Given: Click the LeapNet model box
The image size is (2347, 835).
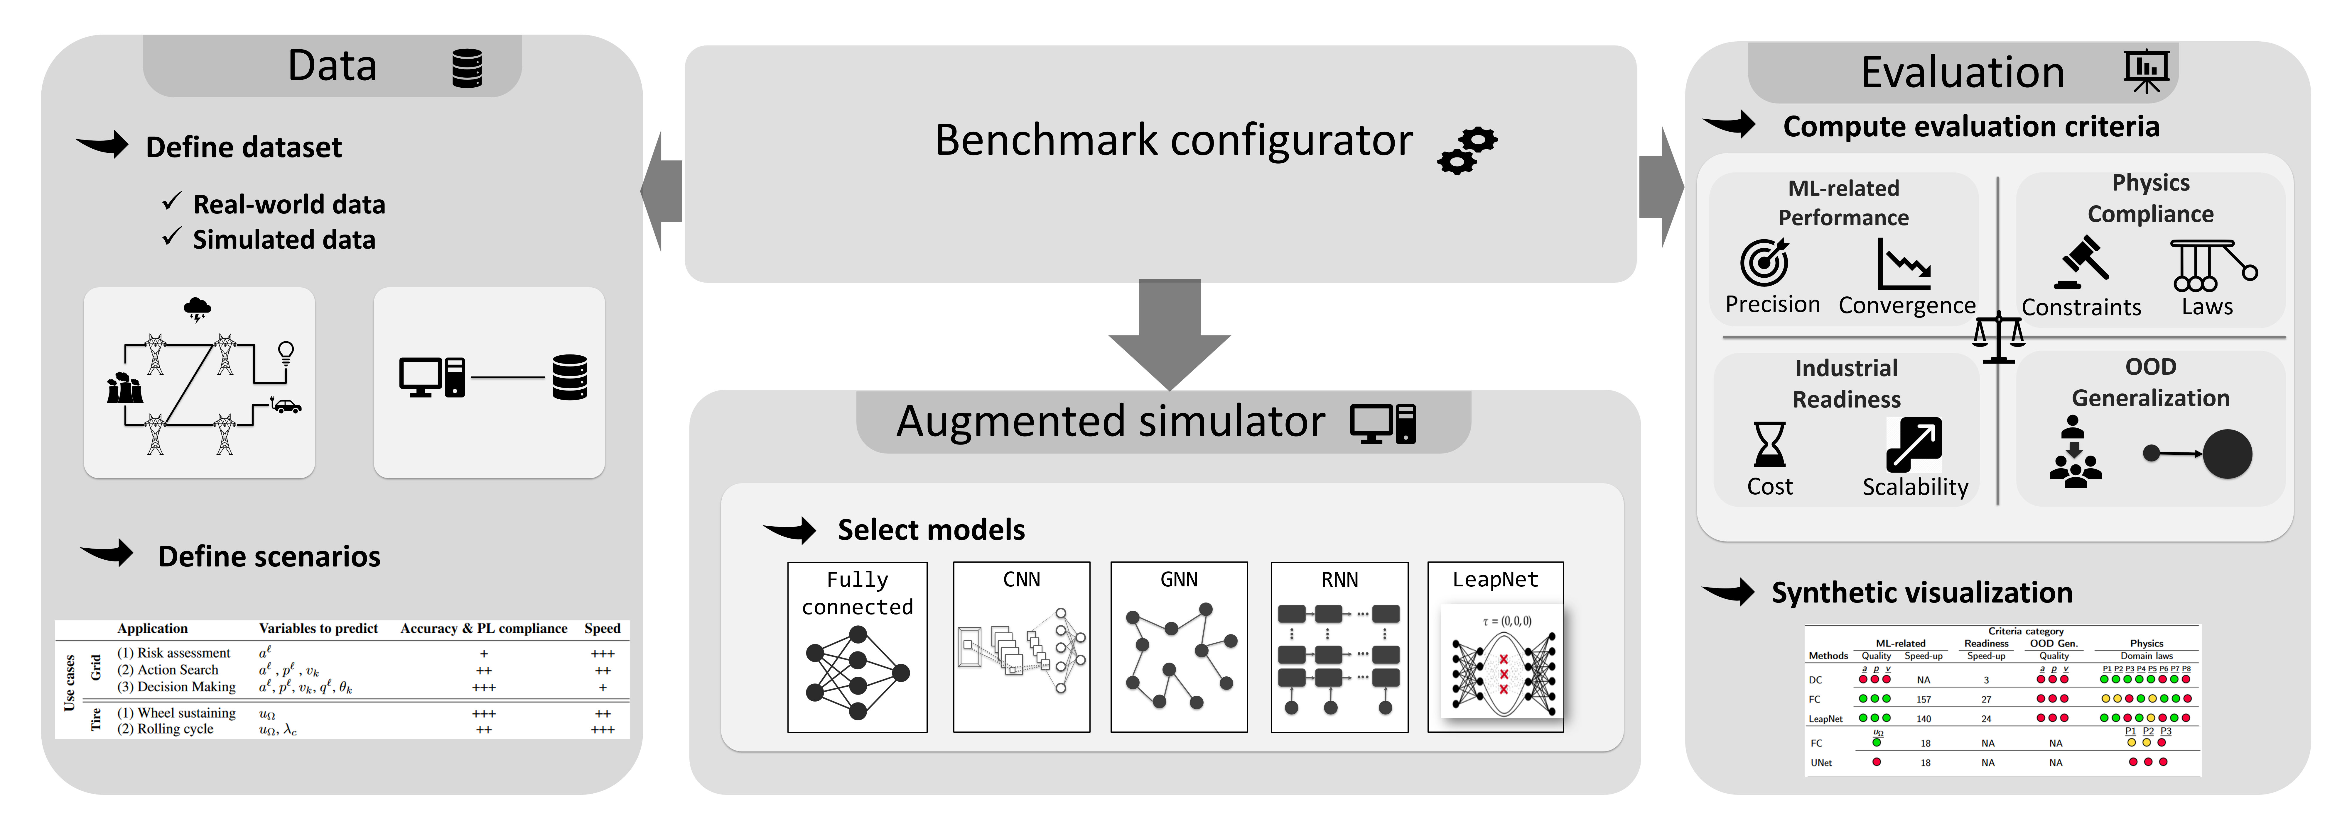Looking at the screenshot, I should coord(1495,646).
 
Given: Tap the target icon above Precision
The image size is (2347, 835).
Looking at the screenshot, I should coord(1765,262).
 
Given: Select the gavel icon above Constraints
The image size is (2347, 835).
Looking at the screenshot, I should coord(2082,262).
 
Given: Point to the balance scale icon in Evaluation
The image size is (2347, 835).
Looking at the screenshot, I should coord(1998,337).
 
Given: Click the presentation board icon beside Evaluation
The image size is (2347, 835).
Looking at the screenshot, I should coord(2146,70).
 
